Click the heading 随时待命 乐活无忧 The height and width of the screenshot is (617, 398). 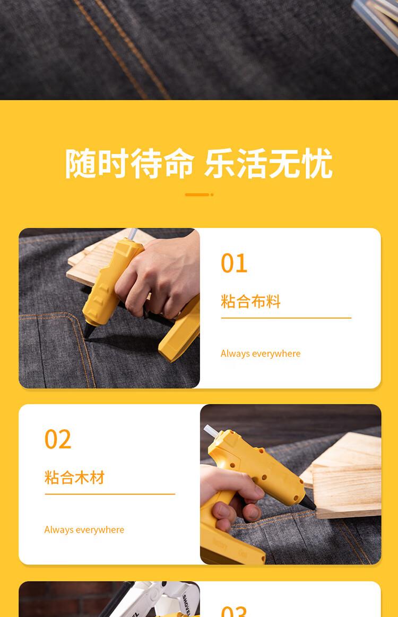tap(198, 163)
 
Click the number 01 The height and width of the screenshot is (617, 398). tap(234, 263)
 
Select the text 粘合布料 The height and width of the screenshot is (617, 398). tap(250, 302)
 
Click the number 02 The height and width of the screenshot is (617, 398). tap(57, 439)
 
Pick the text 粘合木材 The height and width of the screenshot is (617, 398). tap(74, 478)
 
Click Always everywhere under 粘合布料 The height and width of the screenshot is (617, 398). tap(260, 354)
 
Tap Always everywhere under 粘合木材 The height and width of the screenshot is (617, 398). tap(84, 530)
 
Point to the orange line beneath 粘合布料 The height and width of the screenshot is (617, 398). tap(286, 318)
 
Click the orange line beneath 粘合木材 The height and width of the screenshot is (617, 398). tap(110, 494)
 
